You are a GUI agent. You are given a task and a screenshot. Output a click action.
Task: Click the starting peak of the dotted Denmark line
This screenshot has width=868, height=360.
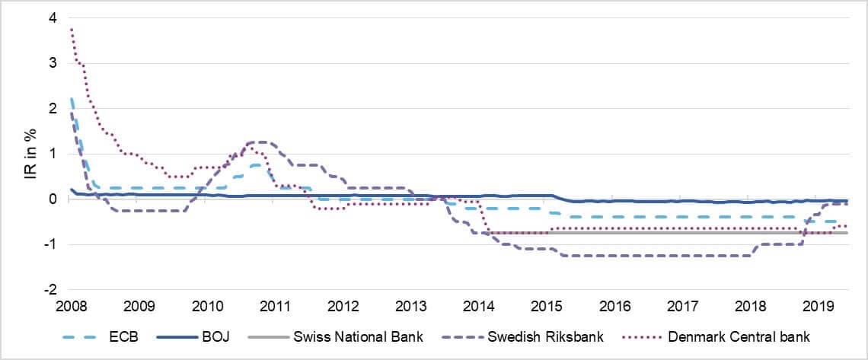tap(71, 29)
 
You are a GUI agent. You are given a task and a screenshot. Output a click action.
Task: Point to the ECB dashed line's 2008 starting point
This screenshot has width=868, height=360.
tap(71, 98)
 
